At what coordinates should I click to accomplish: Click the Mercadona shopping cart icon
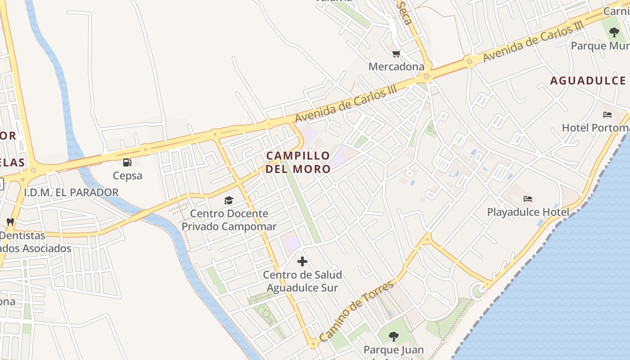pos(396,54)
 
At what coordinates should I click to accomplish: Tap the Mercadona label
pos(396,67)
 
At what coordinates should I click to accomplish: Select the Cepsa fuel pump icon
pos(127,162)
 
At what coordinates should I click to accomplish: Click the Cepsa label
pos(127,175)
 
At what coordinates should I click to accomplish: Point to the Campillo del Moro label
pos(298,162)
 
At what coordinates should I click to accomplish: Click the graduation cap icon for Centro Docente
pos(229,200)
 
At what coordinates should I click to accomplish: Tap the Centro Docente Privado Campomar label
pos(229,220)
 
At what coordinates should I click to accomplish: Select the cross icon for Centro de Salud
pos(302,261)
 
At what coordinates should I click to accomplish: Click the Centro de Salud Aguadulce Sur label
pos(302,281)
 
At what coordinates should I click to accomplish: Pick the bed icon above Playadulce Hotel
pos(528,198)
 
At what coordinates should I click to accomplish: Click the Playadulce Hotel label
pos(528,212)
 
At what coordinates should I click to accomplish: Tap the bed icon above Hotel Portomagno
pos(607,115)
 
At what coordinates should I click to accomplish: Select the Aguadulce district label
pos(588,81)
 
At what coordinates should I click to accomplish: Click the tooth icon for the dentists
pos(10,222)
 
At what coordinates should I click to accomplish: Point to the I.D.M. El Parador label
pos(71,193)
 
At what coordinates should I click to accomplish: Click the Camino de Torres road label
pos(356,310)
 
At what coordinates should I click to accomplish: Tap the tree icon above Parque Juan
pos(393,336)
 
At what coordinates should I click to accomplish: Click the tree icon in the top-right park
pos(614,32)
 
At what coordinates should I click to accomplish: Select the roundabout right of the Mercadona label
pos(427,76)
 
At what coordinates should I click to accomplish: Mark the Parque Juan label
pos(393,350)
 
